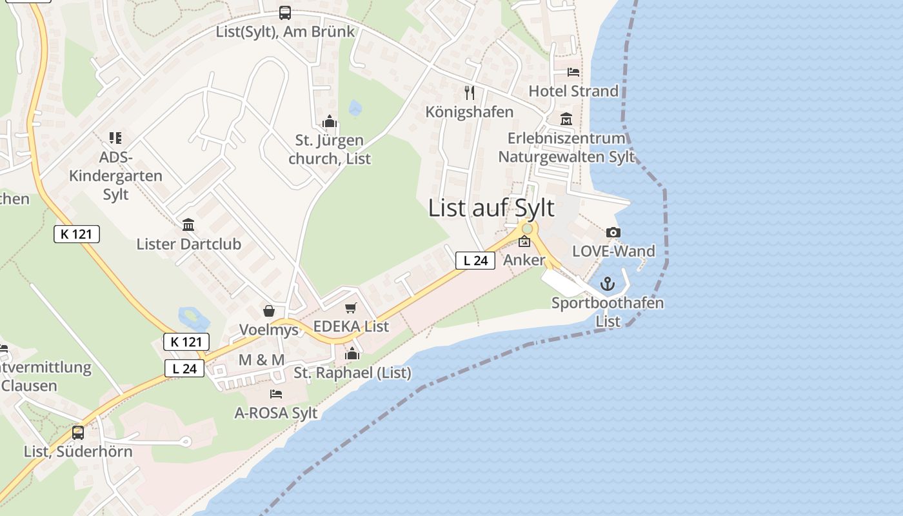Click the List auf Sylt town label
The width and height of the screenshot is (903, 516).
[491, 208]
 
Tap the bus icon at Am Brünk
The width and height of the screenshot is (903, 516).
[284, 12]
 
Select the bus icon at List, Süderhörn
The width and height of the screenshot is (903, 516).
[78, 433]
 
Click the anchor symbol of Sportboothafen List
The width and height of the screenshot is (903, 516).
[608, 284]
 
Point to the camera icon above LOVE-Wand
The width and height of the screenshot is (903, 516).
[613, 232]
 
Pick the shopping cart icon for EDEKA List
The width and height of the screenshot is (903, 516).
[350, 308]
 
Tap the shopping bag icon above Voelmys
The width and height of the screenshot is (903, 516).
[269, 312]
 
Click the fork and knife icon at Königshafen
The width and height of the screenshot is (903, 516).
[470, 93]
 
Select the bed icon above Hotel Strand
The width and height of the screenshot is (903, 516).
[573, 72]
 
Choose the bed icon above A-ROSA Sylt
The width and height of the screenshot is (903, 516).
[276, 393]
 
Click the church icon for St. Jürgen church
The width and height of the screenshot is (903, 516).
[330, 121]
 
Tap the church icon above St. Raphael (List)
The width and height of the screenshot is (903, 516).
[352, 353]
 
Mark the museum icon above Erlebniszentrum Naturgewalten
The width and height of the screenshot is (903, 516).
[566, 119]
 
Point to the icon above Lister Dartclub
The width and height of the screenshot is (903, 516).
[188, 224]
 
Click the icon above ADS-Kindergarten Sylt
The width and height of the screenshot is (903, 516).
[115, 137]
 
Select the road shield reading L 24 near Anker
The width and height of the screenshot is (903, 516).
[475, 261]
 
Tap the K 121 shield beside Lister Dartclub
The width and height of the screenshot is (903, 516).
[77, 234]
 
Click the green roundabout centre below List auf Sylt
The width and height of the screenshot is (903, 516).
[527, 228]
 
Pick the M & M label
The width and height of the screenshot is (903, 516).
[261, 360]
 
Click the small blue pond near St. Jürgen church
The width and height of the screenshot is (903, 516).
[355, 108]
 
